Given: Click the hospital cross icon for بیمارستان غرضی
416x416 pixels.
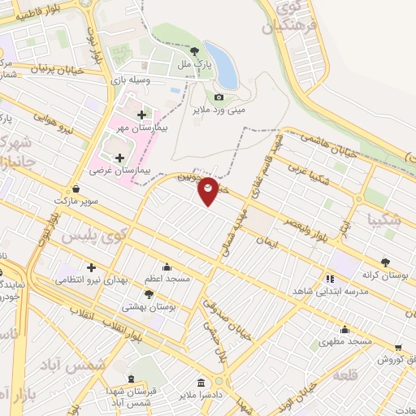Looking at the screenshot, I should pos(120,158).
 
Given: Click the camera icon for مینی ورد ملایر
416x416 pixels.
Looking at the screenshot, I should pos(219,97).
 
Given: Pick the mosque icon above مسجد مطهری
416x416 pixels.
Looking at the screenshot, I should pos(346,330).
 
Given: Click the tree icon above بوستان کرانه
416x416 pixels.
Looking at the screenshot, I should pos(385,262).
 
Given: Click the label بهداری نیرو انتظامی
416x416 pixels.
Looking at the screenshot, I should pos(91,279).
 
